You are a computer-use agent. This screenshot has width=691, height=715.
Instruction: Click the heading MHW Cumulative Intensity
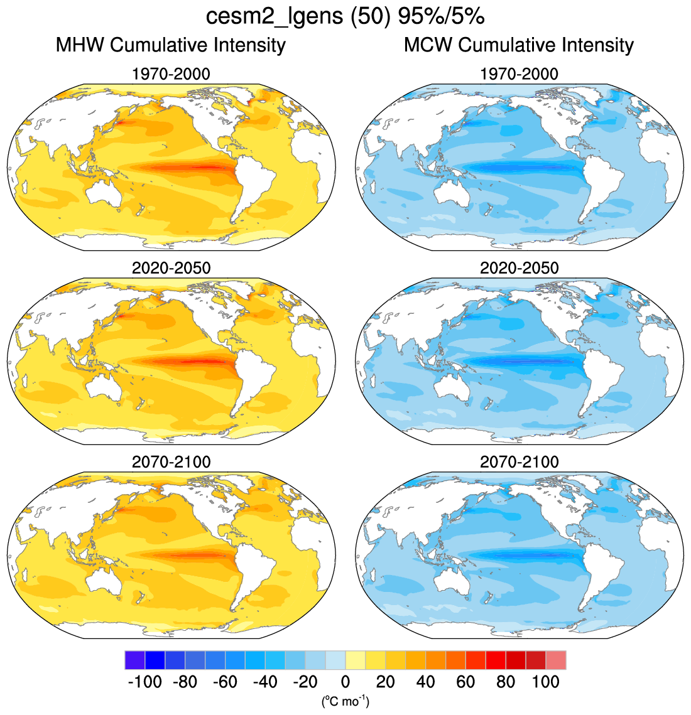tap(171, 45)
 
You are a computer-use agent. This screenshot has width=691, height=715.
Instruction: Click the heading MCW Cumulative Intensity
tap(519, 45)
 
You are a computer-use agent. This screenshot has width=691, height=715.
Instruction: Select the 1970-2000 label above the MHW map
tap(171, 74)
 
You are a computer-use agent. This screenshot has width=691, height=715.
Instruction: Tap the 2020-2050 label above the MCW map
tap(519, 268)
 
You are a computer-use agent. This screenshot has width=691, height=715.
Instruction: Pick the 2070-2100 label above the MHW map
tap(171, 462)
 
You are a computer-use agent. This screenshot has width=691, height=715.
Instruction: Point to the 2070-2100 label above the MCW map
tap(519, 462)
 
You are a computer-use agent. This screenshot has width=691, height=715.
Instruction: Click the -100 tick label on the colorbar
tap(144, 682)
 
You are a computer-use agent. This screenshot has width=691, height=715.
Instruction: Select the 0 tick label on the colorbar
tap(345, 682)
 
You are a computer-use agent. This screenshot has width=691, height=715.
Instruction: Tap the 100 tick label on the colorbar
tap(545, 682)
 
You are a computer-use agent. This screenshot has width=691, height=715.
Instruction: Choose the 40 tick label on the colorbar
tap(425, 682)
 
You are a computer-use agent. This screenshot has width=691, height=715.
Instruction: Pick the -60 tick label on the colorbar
tap(225, 682)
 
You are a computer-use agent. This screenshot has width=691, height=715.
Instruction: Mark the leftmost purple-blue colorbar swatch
tap(135, 660)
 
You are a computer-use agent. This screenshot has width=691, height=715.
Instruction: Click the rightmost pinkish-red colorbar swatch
tap(556, 660)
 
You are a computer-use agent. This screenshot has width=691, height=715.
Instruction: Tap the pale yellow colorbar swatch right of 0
tap(356, 660)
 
